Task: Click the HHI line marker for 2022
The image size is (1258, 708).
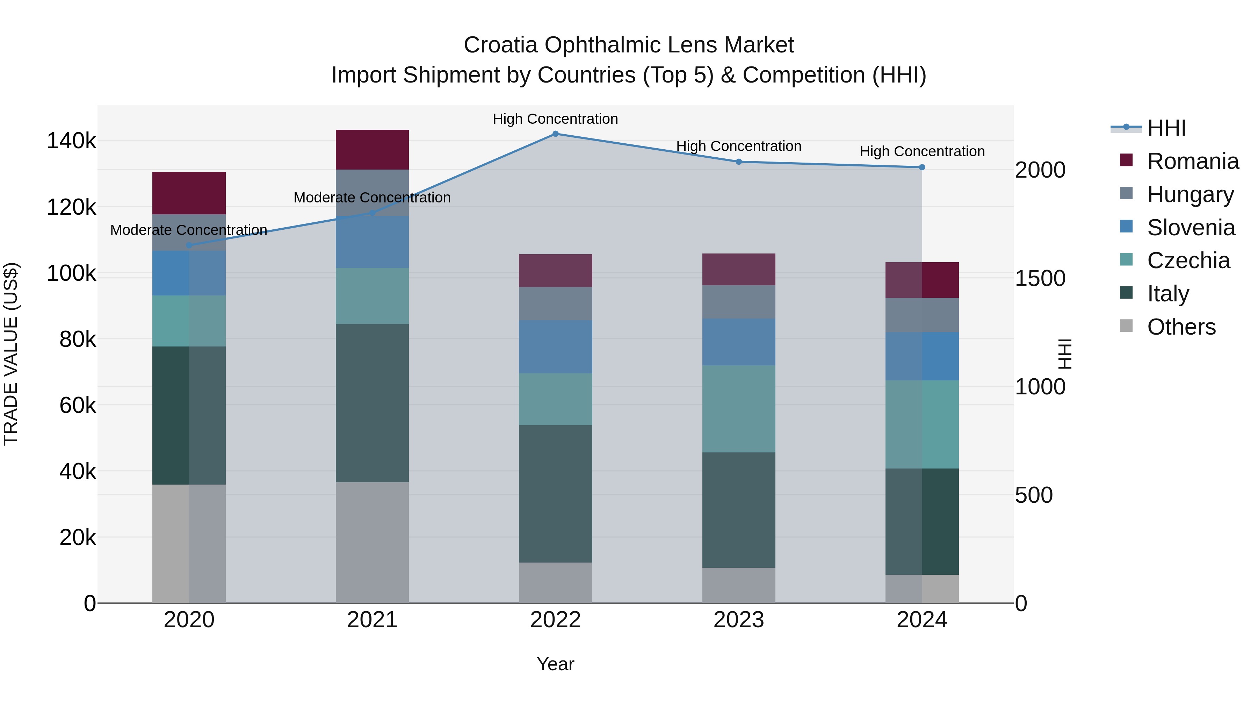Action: point(555,134)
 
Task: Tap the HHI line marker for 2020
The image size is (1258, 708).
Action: point(189,245)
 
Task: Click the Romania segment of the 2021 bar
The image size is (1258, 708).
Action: point(372,150)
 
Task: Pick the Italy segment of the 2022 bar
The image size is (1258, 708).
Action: point(555,493)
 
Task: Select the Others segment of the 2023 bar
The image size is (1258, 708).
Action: point(738,585)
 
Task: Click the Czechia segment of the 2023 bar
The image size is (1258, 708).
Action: point(738,408)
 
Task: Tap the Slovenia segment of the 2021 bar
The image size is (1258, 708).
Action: point(372,242)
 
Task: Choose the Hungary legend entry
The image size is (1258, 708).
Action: point(1190,194)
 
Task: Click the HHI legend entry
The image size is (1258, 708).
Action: point(1166,128)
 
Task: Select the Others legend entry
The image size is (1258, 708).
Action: point(1181,327)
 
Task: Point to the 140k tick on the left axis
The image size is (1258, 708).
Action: point(71,141)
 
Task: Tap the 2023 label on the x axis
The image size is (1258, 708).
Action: point(738,620)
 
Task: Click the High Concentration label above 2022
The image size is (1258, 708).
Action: point(555,119)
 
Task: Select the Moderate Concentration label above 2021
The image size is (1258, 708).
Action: point(372,198)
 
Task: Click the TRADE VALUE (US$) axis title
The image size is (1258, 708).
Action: point(11,354)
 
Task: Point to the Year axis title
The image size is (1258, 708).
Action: point(555,664)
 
